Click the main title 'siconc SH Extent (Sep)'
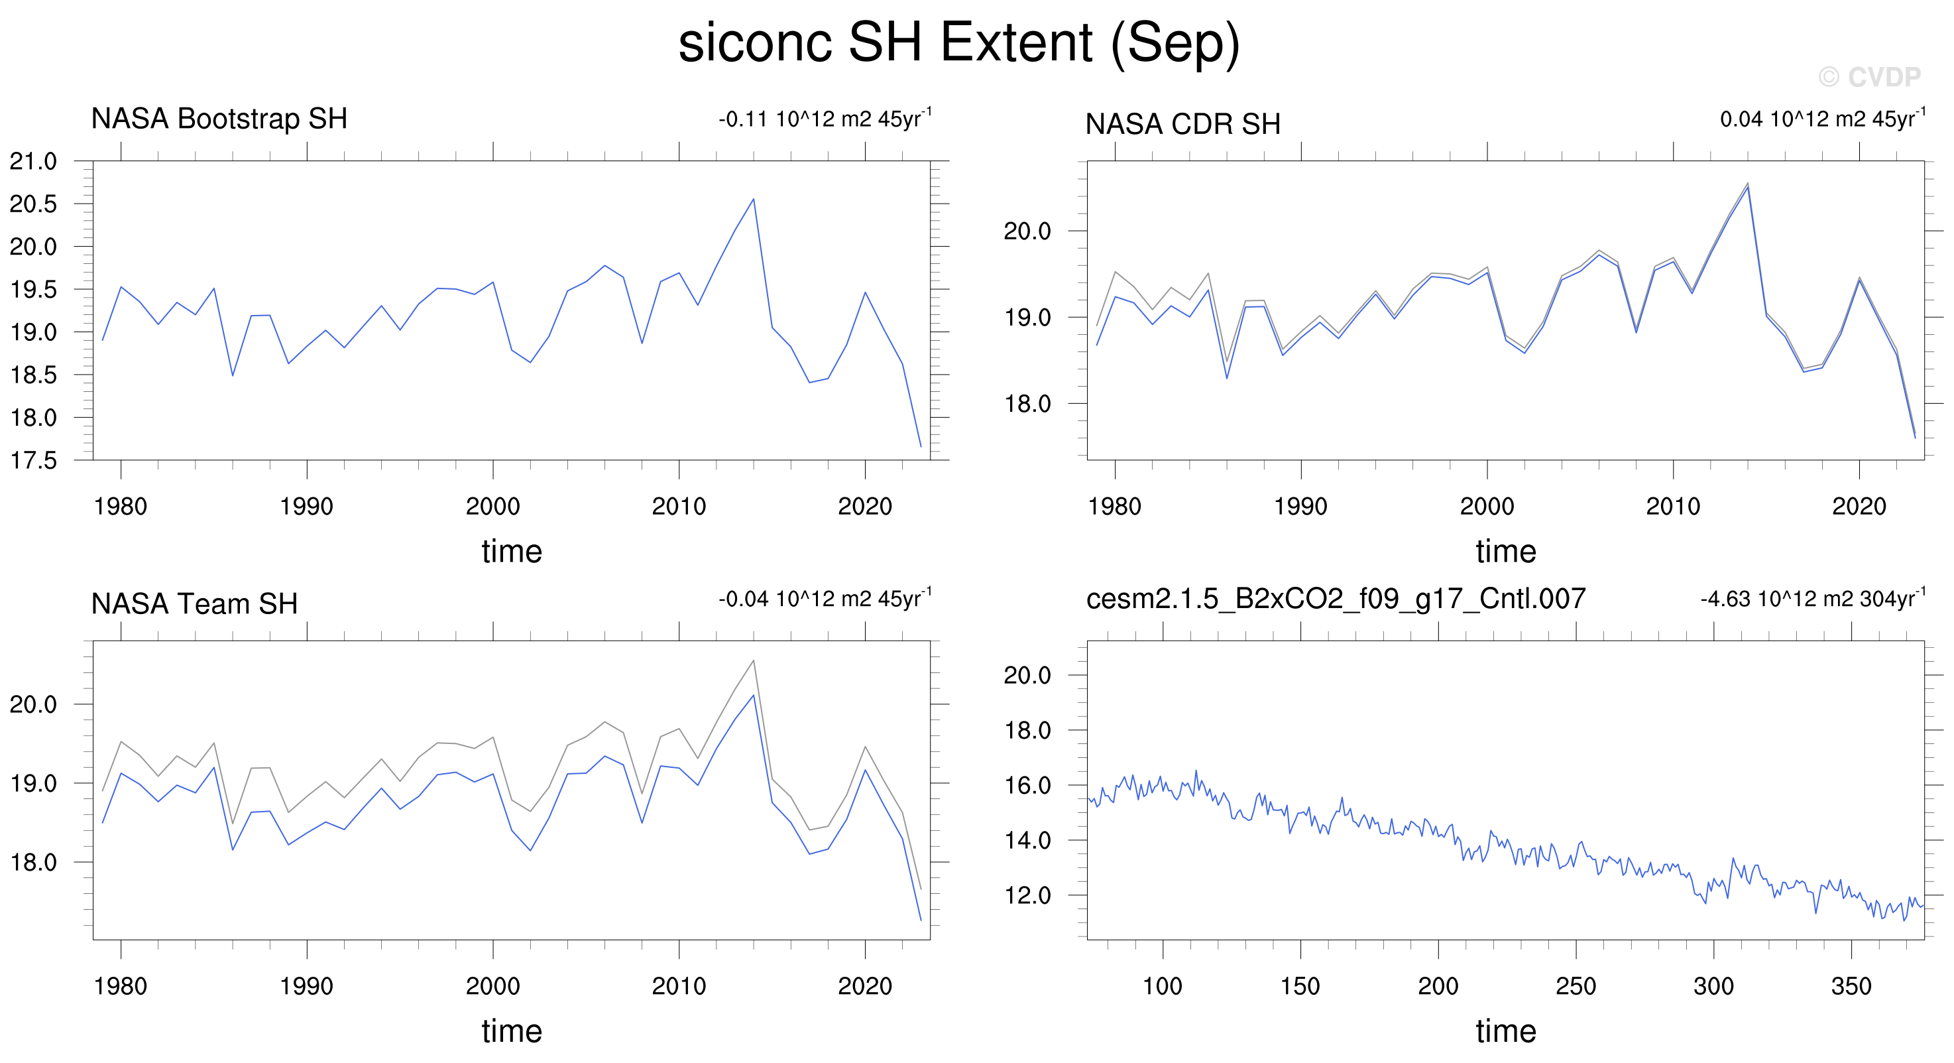pyautogui.click(x=959, y=42)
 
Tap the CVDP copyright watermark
pyautogui.click(x=1870, y=77)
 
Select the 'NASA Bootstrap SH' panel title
pyautogui.click(x=219, y=119)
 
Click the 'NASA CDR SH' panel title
pyautogui.click(x=1182, y=124)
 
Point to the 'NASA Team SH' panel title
pyautogui.click(x=194, y=604)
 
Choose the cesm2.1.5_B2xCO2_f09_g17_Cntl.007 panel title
pyautogui.click(x=1336, y=599)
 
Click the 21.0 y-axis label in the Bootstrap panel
pyautogui.click(x=33, y=161)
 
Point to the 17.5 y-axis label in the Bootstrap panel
pyautogui.click(x=33, y=461)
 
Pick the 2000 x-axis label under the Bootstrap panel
pyautogui.click(x=493, y=506)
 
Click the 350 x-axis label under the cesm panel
pyautogui.click(x=1852, y=986)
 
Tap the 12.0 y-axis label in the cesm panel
pyautogui.click(x=1028, y=895)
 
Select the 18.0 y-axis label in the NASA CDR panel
pyautogui.click(x=1028, y=404)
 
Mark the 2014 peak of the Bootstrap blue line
pyautogui.click(x=753, y=199)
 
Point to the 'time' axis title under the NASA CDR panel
pyautogui.click(x=1506, y=552)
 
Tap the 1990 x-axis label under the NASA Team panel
pyautogui.click(x=306, y=986)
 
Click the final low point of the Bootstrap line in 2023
pyautogui.click(x=921, y=447)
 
